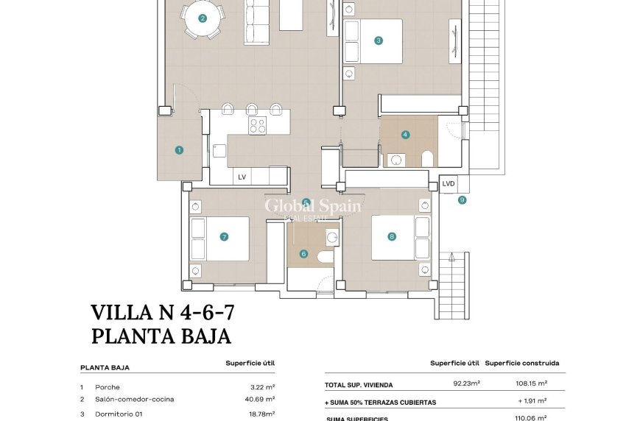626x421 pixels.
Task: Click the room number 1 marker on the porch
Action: (179, 150)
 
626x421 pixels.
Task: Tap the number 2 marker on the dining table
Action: (203, 18)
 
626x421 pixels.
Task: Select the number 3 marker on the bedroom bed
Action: (379, 40)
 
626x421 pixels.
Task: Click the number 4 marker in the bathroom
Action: (405, 135)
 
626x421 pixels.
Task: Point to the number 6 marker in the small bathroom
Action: (303, 254)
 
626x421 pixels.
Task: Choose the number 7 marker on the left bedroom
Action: (224, 237)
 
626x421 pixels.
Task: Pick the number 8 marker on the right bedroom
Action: (392, 236)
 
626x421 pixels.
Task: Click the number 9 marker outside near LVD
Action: (462, 199)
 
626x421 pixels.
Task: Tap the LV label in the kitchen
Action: (242, 177)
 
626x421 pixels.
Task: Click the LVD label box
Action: (448, 183)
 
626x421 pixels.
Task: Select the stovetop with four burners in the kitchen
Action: (257, 126)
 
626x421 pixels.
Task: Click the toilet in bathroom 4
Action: (427, 158)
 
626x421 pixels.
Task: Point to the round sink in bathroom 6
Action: (331, 238)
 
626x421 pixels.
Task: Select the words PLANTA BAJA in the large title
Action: (161, 336)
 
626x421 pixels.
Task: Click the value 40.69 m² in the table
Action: (262, 400)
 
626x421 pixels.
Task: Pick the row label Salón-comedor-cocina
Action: (134, 400)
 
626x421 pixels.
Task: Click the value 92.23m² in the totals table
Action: (466, 383)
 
